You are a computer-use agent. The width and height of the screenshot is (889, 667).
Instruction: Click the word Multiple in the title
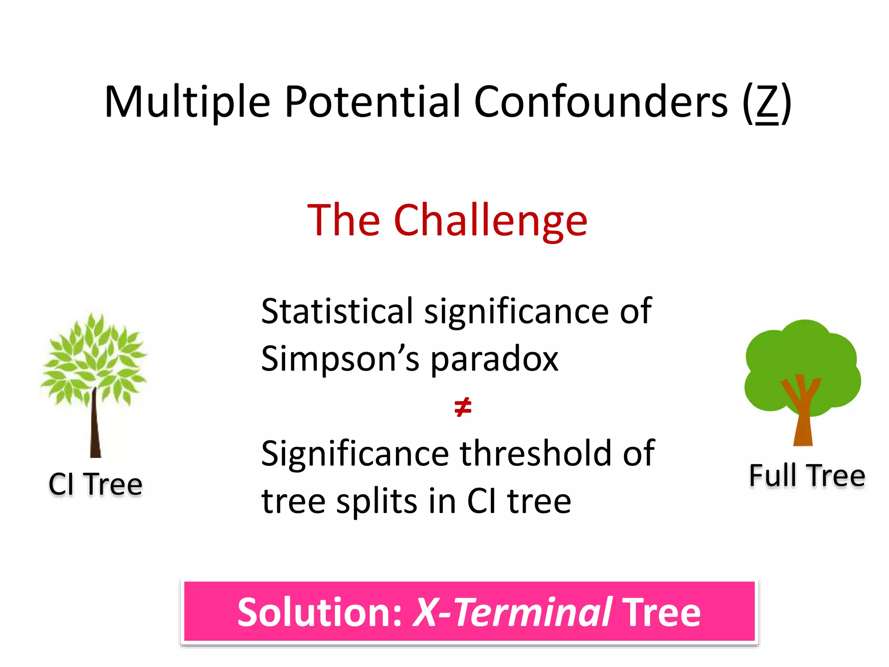click(188, 102)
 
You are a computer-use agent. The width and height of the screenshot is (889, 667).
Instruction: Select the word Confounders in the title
click(601, 102)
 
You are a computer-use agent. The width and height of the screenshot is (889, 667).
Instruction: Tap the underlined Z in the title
click(767, 103)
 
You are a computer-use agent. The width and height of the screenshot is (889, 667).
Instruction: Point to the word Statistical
click(337, 311)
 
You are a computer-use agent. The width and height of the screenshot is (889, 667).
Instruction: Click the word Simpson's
click(340, 360)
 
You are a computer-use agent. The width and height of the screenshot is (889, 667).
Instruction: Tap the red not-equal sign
click(463, 407)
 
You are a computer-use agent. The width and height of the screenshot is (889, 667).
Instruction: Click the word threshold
click(536, 454)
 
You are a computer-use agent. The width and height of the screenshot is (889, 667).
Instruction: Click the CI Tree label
click(95, 484)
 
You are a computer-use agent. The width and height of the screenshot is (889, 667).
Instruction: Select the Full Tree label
click(807, 475)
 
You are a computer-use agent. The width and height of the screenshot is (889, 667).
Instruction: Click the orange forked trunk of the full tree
click(803, 417)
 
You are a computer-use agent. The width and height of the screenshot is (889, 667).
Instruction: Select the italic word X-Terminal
click(512, 612)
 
